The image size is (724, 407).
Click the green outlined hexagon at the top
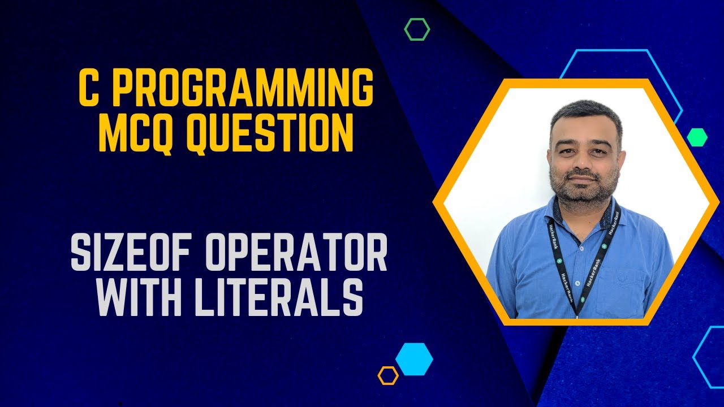click(417, 29)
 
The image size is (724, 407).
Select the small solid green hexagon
click(697, 137)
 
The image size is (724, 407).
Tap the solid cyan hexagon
click(414, 359)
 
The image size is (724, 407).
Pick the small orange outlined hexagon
click(388, 375)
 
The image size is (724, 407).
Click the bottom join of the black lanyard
click(576, 310)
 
